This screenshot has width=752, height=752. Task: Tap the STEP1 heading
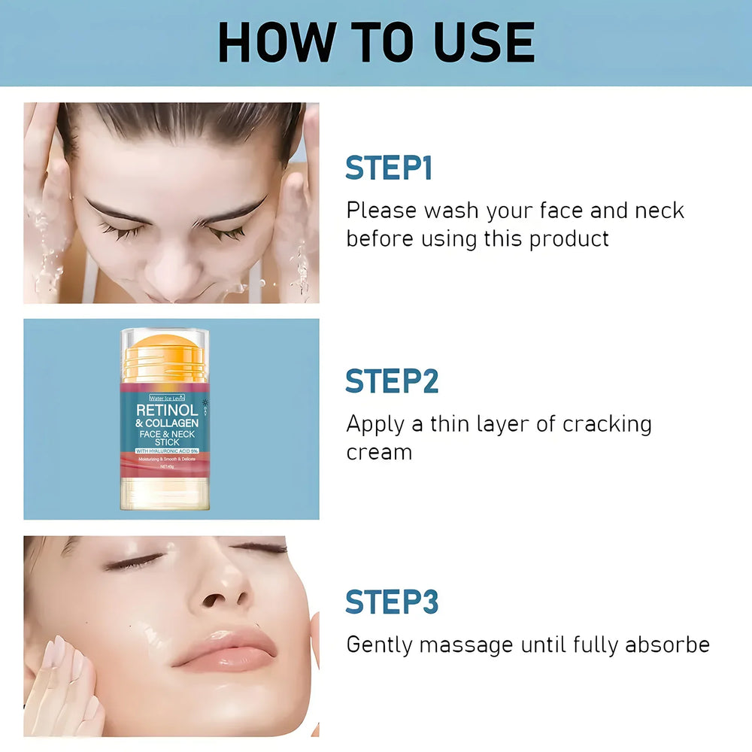389,168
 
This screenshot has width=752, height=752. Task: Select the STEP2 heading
392,381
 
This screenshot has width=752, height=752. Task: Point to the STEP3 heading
392,602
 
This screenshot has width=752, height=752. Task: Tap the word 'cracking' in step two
607,424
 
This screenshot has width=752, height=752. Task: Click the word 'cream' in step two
379,453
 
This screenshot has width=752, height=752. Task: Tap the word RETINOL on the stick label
167,411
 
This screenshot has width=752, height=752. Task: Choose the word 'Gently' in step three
378,645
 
